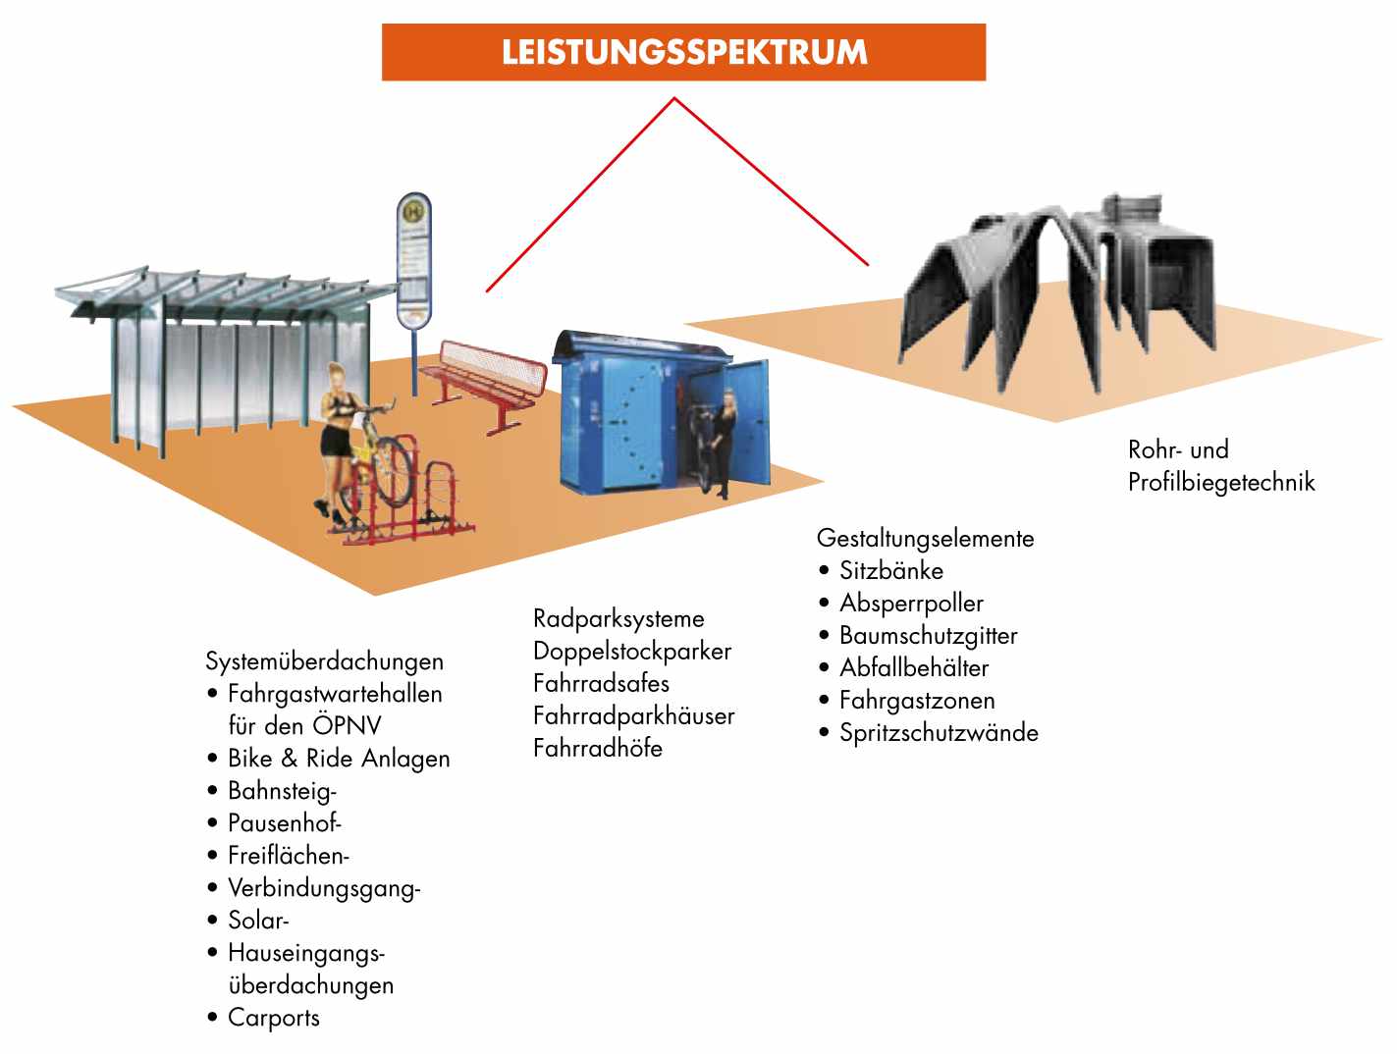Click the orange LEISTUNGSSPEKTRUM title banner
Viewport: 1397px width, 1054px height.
click(x=683, y=52)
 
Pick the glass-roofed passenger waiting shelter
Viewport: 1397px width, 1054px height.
click(x=216, y=353)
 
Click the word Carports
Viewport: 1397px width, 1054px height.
click(x=274, y=1018)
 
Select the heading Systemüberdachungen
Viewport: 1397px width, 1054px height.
click(x=324, y=661)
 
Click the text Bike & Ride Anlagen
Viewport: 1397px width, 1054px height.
click(x=339, y=759)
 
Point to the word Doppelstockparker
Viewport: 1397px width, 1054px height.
click(x=632, y=652)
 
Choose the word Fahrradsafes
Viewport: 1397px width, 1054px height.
click(x=601, y=684)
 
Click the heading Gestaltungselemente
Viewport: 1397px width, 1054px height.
click(x=925, y=539)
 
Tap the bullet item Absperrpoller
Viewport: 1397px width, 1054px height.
click(x=911, y=604)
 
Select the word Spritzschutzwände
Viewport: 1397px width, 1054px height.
click(x=939, y=733)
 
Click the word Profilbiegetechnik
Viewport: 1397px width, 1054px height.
click(x=1221, y=483)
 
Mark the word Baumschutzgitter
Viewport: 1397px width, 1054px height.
click(x=928, y=636)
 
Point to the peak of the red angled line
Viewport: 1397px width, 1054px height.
click(x=674, y=98)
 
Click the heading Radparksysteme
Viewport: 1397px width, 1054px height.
click(x=618, y=619)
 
